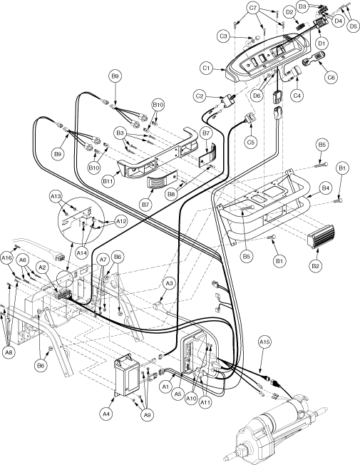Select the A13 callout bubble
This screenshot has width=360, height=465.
point(56,196)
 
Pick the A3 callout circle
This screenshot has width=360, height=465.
point(168,284)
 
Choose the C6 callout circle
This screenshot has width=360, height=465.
point(331,76)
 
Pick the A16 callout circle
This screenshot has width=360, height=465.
point(7,257)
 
